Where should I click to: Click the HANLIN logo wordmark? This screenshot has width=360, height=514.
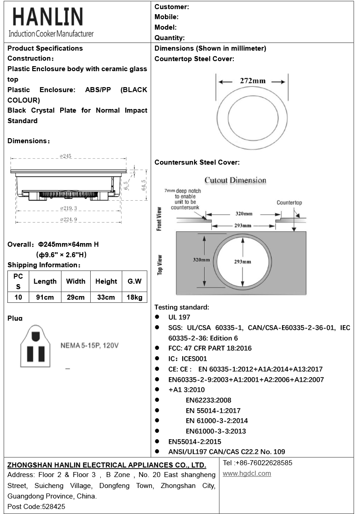coord(48,17)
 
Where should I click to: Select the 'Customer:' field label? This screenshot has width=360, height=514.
coord(172,6)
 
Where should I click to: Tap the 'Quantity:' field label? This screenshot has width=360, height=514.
coord(170,38)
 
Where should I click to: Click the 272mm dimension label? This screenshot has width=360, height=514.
coord(252,81)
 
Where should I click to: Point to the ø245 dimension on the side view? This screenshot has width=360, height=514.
coord(66,156)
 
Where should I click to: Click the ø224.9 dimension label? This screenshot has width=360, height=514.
coord(68,219)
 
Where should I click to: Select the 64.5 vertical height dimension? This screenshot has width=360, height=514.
coord(144,185)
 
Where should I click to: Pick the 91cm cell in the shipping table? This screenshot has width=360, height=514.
coord(45,297)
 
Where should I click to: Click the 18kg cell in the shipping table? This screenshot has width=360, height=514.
coord(134,297)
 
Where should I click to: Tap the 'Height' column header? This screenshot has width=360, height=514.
coord(106,281)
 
